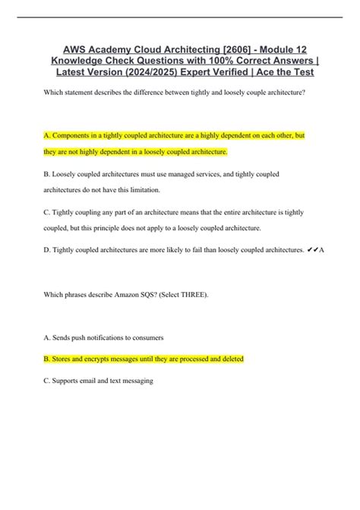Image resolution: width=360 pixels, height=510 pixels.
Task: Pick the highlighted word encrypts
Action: (x=121, y=358)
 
